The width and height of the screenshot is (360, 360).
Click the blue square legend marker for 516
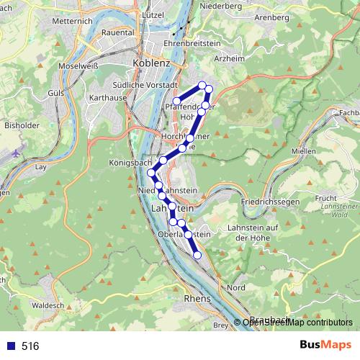click(x=10, y=346)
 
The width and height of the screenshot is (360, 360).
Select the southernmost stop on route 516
click(x=198, y=253)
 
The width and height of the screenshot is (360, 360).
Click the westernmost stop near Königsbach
click(x=151, y=173)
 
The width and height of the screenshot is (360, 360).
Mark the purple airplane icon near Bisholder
click(x=17, y=153)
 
